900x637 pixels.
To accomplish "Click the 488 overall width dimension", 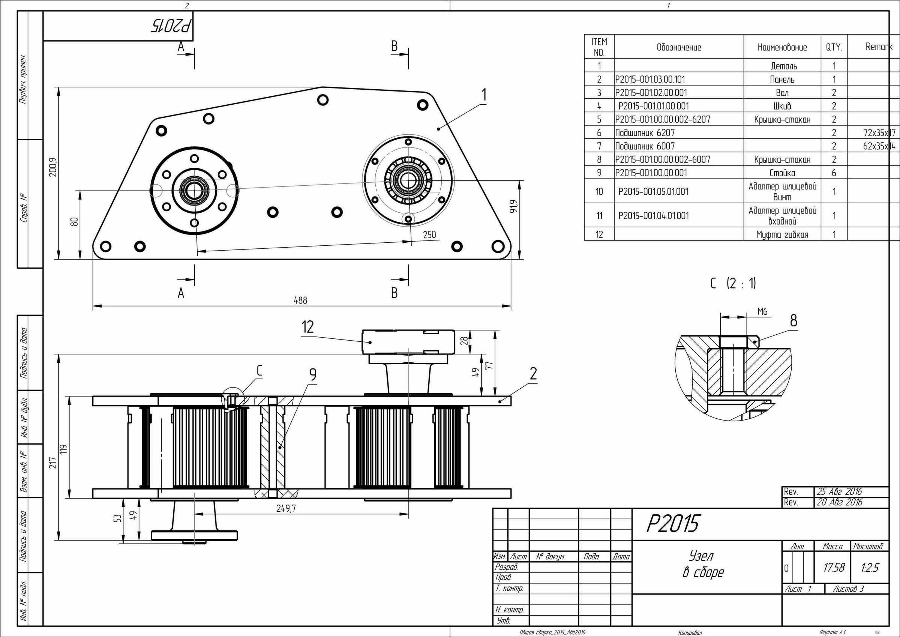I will (300, 300).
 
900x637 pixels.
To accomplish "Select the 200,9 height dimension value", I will (52, 167).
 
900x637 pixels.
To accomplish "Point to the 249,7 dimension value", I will (286, 508).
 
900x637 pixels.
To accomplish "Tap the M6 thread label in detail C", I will (762, 311).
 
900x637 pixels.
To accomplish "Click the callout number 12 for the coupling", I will (308, 327).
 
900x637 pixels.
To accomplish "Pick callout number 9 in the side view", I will (312, 375).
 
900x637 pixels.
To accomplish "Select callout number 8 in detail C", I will (793, 321).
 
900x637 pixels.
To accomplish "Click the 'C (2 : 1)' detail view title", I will (733, 283).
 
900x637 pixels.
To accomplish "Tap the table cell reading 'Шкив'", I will (782, 106).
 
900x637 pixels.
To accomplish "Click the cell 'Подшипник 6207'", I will (645, 132).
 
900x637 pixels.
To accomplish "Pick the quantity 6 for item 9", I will (834, 173).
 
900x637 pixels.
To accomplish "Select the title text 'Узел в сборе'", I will (703, 564).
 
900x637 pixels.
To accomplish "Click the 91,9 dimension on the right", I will (513, 207).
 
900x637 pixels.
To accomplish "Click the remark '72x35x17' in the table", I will (879, 132).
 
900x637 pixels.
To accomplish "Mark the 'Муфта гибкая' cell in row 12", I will (782, 234).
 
